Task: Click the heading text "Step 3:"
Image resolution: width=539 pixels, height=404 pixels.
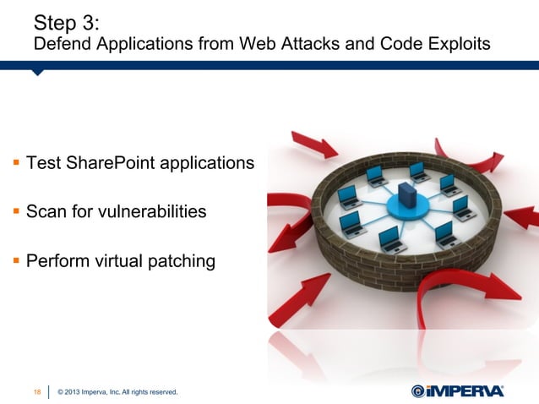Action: pos(62,20)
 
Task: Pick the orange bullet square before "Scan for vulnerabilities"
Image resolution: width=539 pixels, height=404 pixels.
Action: pos(15,212)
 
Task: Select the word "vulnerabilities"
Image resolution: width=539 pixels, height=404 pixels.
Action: pos(146,211)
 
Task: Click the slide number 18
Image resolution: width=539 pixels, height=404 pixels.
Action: pos(37,391)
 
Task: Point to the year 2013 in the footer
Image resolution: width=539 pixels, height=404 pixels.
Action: pos(78,391)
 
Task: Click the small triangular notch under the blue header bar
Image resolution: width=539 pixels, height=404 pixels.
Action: pos(37,73)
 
